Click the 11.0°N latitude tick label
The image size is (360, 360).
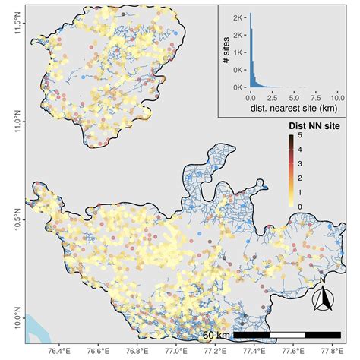pyautogui.click(x=11, y=122)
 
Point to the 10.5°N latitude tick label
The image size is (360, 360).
pyautogui.click(x=11, y=220)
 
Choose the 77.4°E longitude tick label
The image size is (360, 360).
pyautogui.click(x=255, y=351)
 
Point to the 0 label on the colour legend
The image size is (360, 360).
pyautogui.click(x=301, y=206)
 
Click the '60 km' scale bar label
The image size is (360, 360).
pyautogui.click(x=216, y=335)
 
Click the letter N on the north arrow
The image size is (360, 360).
pyautogui.click(x=322, y=279)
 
